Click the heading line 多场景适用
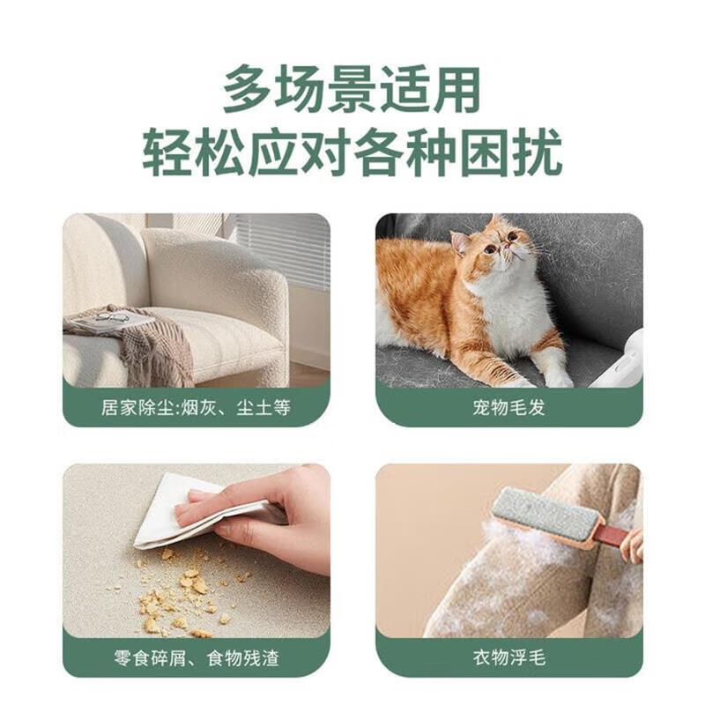pos(352,90)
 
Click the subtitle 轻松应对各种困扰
pos(352,152)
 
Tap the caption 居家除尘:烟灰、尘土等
pos(196,408)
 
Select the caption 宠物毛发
pos(509,407)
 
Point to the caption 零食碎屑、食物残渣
pos(197,657)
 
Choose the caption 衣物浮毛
pos(509,657)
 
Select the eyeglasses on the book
pos(112,318)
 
